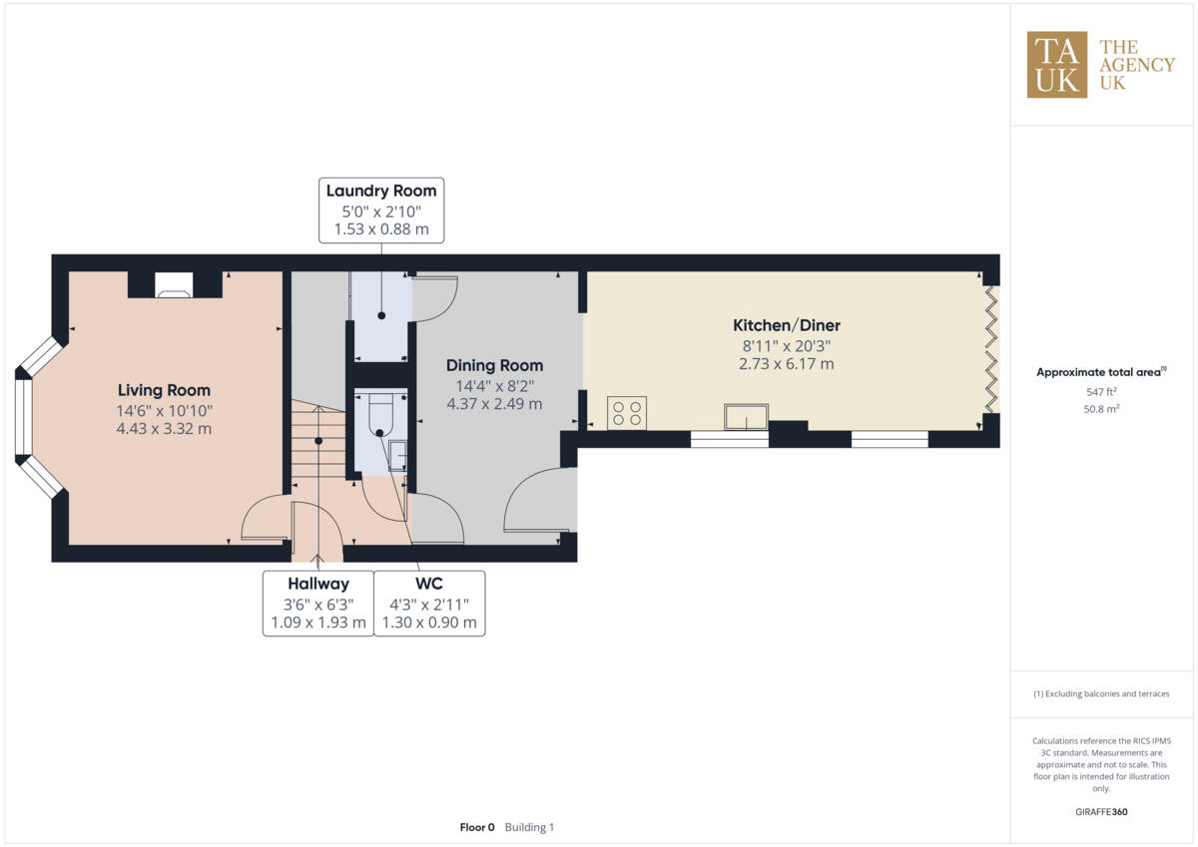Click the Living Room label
164,390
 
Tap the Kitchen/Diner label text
787,325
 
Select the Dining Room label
494,365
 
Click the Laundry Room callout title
381,191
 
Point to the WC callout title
429,584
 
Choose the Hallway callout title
318,584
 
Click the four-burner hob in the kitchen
626,413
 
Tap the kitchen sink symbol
747,417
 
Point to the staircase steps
317,439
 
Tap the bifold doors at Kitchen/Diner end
990,349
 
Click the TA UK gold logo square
1056,65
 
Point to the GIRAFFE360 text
1101,812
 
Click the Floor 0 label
476,827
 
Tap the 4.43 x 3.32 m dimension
164,429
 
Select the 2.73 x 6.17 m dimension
787,364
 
